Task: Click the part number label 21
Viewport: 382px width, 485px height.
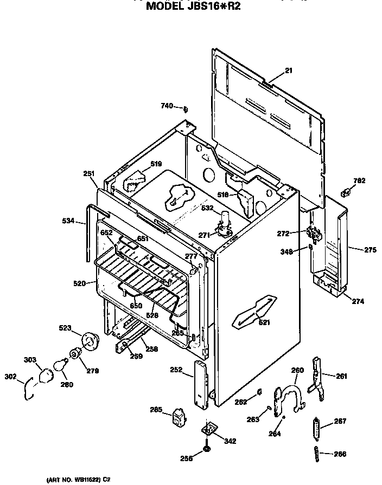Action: (288, 70)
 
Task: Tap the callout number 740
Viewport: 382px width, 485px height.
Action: (167, 106)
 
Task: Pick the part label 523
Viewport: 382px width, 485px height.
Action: (65, 328)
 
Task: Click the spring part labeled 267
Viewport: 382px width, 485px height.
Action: (316, 431)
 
